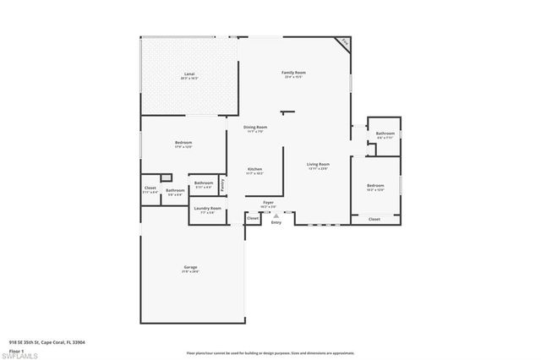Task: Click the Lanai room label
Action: [x=189, y=74]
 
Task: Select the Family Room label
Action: [x=293, y=73]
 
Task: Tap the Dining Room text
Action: [x=255, y=128]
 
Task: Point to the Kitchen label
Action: [x=254, y=169]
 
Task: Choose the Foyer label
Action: [x=268, y=203]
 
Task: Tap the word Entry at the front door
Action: [x=276, y=222]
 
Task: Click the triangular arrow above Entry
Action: [x=276, y=215]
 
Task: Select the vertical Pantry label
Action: [x=222, y=183]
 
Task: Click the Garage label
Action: [x=190, y=268]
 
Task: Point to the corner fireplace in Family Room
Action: [x=344, y=42]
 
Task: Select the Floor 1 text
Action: [x=16, y=348]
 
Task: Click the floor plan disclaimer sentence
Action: [x=270, y=352]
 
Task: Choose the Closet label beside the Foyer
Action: [x=252, y=218]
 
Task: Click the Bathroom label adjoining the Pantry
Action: [x=204, y=183]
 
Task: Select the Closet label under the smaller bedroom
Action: [x=374, y=219]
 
